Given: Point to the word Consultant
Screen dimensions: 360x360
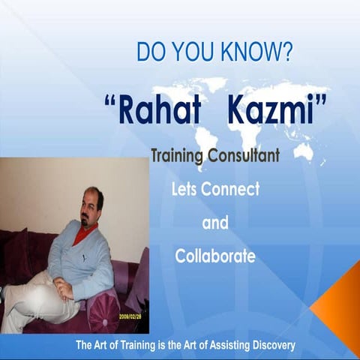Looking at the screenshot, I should tap(242, 156).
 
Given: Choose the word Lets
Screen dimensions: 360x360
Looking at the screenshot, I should tap(184, 189).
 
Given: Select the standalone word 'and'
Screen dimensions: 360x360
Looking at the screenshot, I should tap(215, 223).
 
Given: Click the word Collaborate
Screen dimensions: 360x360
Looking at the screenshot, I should tap(215, 256).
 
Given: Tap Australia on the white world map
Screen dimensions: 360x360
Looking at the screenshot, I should tap(302, 151).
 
